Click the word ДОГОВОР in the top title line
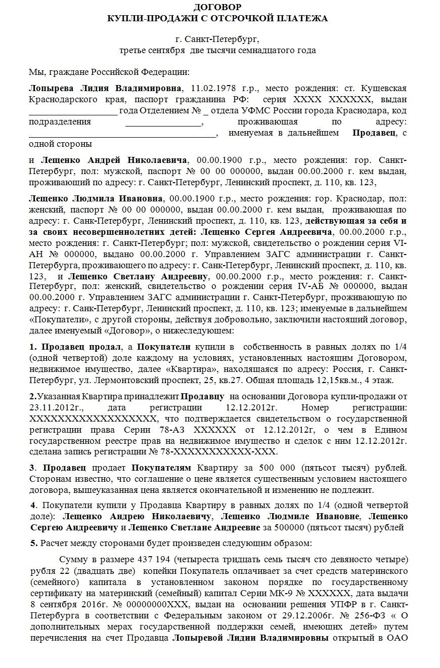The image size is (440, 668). [217, 7]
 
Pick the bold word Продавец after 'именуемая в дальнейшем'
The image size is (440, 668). [374, 133]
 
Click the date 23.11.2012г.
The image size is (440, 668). [52, 407]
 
